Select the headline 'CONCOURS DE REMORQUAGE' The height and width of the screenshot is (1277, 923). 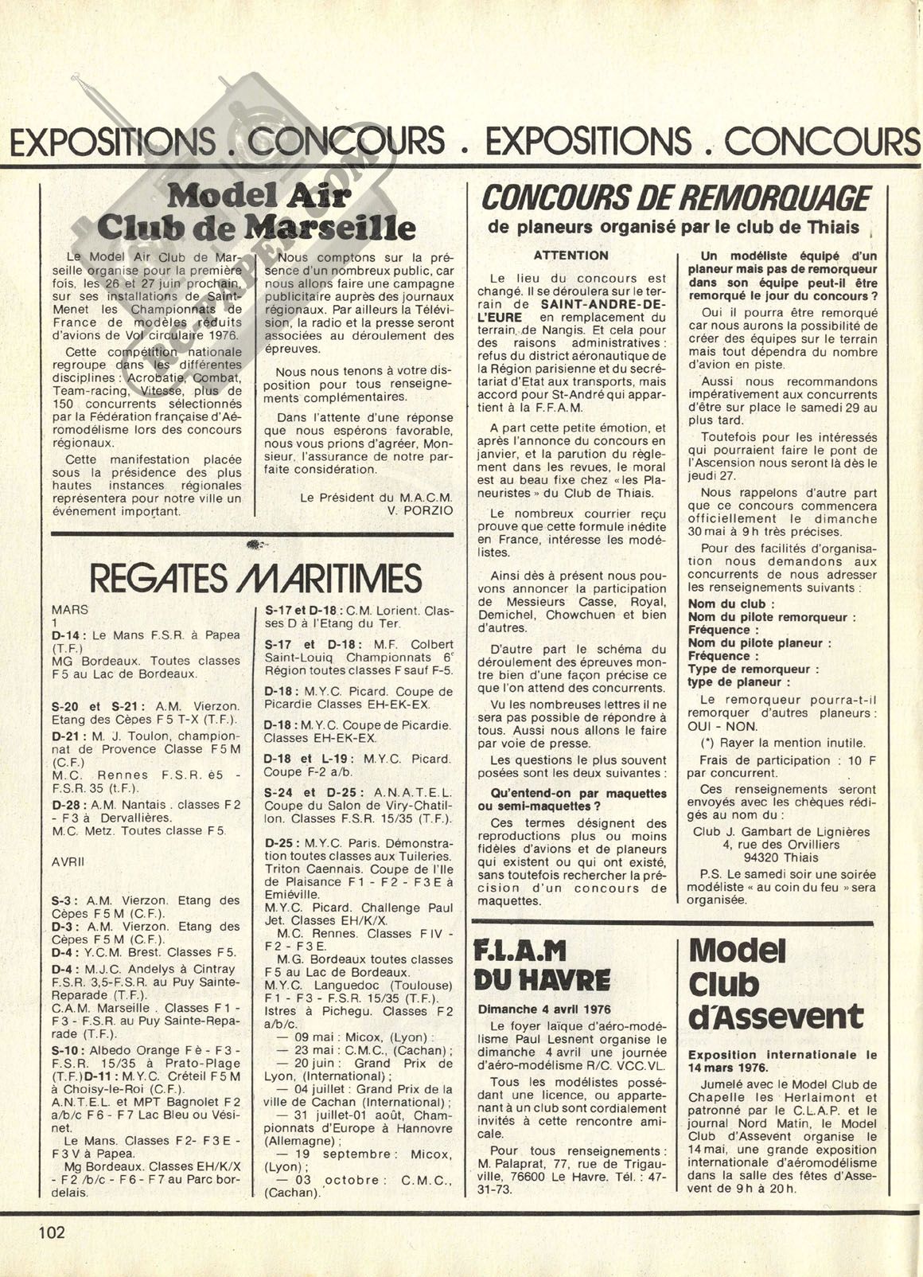(676, 197)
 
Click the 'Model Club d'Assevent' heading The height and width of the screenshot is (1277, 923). (774, 983)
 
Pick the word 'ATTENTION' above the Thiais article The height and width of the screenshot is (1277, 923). (571, 256)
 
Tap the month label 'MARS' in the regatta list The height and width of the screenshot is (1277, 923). (70, 609)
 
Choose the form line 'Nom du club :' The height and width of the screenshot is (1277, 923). (726, 603)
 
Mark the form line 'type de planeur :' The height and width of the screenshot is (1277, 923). (739, 681)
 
